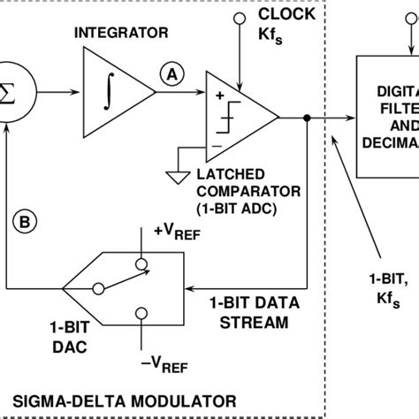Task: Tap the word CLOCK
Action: [x=285, y=15]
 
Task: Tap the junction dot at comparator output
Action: [x=305, y=118]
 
